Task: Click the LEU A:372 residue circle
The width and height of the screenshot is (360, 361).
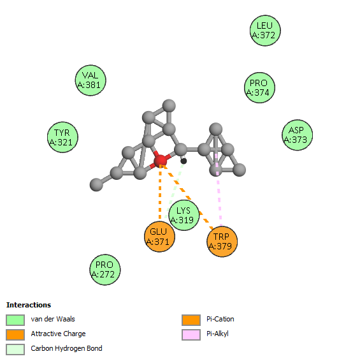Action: coord(265,31)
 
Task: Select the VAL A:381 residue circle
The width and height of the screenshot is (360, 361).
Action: coord(90,80)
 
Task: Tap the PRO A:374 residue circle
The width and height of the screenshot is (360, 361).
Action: coord(259,88)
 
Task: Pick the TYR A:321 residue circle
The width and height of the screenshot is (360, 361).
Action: coord(62,137)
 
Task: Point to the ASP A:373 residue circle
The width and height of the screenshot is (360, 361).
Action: coord(297,135)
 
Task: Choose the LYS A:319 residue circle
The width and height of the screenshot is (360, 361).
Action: coord(184,216)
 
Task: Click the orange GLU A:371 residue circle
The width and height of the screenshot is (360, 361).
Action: coord(159,237)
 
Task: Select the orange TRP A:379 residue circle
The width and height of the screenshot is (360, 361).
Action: coord(222,242)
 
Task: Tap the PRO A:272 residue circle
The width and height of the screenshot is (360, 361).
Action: coord(105,270)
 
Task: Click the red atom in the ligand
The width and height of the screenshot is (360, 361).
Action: coord(160,161)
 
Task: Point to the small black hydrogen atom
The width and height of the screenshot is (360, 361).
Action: coord(184,161)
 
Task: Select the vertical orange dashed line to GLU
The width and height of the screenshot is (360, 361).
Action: coord(160,191)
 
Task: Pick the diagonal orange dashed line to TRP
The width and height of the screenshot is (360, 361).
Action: coord(187,197)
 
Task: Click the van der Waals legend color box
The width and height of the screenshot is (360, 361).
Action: coord(15,320)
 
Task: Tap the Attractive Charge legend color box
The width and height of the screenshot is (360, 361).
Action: coord(15,334)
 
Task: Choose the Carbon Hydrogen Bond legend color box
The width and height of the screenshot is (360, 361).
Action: coord(15,350)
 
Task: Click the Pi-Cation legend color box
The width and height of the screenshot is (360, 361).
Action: coord(191,320)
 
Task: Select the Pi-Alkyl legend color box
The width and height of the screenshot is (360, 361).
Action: coord(191,334)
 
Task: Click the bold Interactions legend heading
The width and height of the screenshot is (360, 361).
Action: coord(29,305)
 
